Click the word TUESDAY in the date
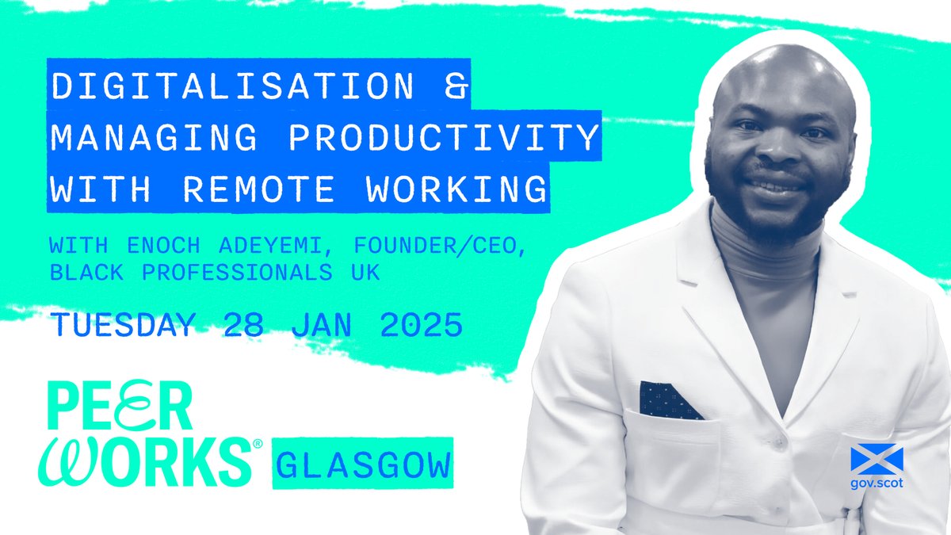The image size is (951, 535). click(x=122, y=326)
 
